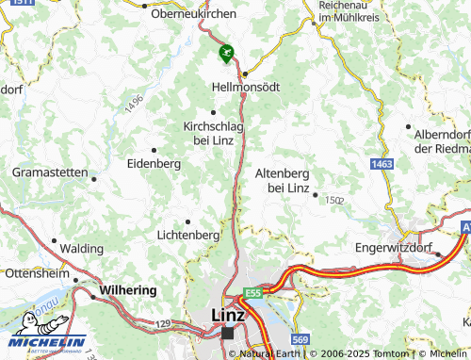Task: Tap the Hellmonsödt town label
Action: coord(247,86)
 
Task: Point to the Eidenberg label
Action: coord(153,163)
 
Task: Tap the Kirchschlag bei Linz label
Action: coord(213,132)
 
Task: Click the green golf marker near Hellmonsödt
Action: coord(224,54)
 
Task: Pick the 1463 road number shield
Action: coord(382,165)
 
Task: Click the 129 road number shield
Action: coord(163,324)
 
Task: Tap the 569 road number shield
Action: coord(300,339)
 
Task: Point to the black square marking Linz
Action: coord(227,333)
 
